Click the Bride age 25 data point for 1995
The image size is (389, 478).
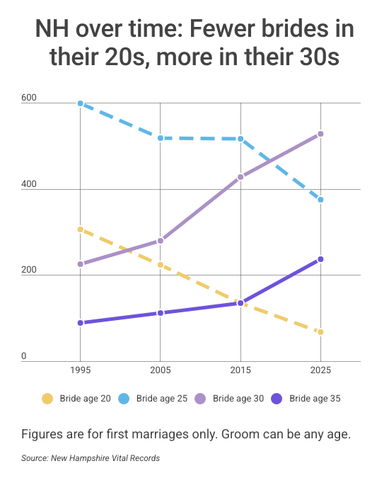point(80,103)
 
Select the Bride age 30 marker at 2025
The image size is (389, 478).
point(320,134)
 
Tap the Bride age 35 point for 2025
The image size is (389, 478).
point(320,259)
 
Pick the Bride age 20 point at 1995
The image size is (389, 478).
point(80,229)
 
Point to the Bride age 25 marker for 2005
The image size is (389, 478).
point(161,138)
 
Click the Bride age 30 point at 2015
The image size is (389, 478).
point(240,177)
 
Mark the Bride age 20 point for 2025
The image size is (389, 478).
point(320,332)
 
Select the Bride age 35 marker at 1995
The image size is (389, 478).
point(80,323)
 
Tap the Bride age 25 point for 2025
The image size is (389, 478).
point(320,200)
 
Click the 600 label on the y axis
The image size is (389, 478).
point(29,98)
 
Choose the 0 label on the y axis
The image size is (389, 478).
point(24,356)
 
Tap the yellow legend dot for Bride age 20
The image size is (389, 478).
point(47,399)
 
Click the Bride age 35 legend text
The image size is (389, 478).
point(315,399)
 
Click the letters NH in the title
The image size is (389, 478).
point(50,30)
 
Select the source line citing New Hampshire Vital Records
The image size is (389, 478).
point(91,458)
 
